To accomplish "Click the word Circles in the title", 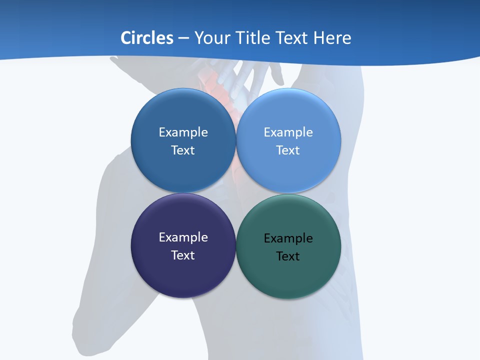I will [146, 38].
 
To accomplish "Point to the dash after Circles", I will [183, 38].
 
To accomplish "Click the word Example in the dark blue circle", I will [183, 132].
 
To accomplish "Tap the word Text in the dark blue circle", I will [183, 150].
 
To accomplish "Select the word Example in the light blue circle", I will [288, 132].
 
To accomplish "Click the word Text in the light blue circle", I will [288, 150].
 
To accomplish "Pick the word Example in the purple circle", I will [183, 237].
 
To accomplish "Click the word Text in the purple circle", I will [183, 255].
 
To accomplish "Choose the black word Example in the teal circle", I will [288, 238].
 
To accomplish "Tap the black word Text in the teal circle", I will [288, 256].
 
